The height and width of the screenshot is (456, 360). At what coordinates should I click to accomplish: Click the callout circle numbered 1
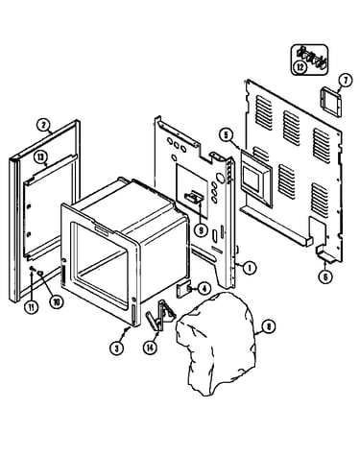[x=250, y=268]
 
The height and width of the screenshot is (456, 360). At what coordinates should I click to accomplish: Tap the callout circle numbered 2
[x=43, y=125]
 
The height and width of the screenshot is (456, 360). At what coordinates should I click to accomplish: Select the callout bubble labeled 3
[x=116, y=348]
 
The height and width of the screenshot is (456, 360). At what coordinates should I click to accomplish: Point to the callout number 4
[x=204, y=288]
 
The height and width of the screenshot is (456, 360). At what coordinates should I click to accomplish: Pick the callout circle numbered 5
[x=227, y=134]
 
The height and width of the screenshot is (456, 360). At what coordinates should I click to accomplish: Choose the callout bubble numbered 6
[x=325, y=276]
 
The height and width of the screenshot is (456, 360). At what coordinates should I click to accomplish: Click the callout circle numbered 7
[x=346, y=81]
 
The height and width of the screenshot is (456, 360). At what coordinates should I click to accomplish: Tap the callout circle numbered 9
[x=201, y=231]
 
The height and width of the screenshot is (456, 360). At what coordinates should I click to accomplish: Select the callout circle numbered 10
[x=57, y=301]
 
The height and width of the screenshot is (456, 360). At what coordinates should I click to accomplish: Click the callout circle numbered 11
[x=32, y=307]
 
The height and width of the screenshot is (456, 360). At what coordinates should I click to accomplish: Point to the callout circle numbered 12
[x=300, y=67]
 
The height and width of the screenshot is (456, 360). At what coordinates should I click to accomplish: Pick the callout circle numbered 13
[x=40, y=157]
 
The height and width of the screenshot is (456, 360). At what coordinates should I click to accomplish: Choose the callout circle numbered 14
[x=150, y=348]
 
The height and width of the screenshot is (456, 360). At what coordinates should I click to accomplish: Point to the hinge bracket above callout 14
[x=160, y=315]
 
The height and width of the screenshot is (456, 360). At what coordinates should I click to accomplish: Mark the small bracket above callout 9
[x=193, y=197]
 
